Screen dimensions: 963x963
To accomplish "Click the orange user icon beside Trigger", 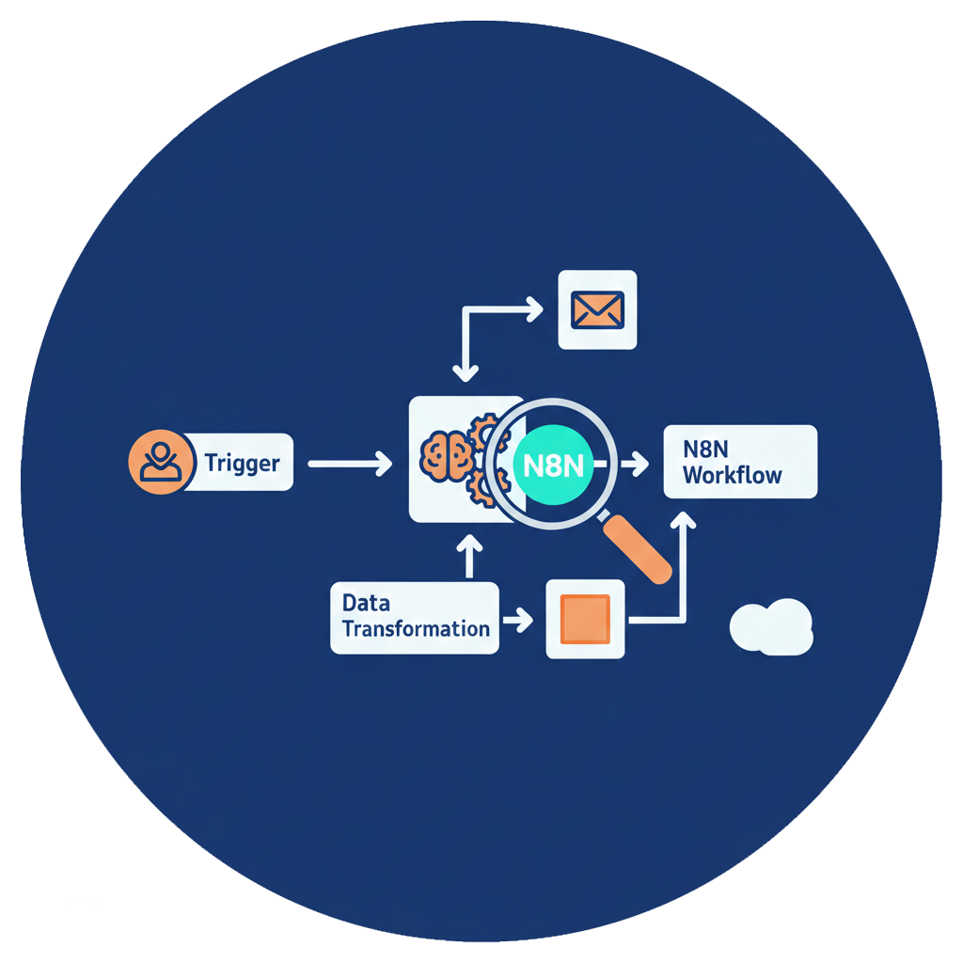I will tap(155, 462).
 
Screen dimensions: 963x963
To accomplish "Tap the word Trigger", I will tap(242, 463).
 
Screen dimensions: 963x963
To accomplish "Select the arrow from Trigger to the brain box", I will tap(349, 463).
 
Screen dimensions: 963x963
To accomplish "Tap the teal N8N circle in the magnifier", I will tap(552, 463).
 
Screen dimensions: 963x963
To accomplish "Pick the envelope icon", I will tap(597, 309).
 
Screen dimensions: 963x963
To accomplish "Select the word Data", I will tap(366, 603).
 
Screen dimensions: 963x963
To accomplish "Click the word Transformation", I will tap(416, 628).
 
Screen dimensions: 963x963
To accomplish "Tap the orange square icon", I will tap(585, 619).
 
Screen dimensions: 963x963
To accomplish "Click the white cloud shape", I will tap(770, 626).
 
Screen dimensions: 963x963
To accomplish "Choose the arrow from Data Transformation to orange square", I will tap(517, 620).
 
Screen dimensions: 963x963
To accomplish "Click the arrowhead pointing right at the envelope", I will tap(534, 308).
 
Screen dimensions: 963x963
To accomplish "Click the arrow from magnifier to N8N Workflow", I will tap(633, 463).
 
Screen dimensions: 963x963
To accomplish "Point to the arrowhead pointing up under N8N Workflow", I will tap(685, 520).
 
